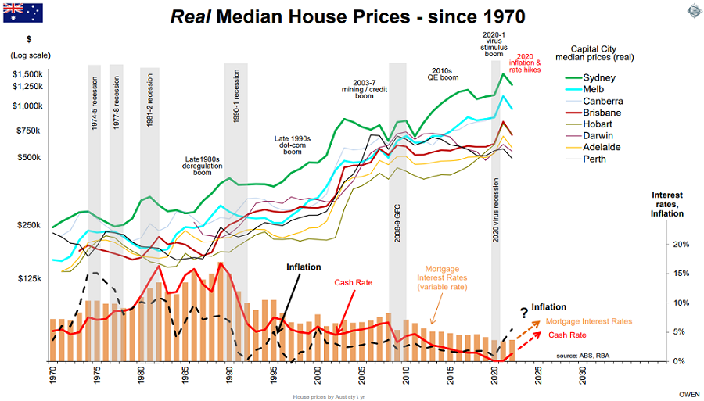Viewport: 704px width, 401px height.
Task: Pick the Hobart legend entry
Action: point(598,124)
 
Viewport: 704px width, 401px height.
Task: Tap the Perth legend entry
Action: point(595,159)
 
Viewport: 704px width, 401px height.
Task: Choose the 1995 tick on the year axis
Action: point(274,375)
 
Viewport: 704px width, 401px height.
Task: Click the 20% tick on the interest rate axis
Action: point(681,244)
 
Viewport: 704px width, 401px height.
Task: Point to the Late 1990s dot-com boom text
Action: point(292,145)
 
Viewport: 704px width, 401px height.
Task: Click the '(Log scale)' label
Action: point(31,55)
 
